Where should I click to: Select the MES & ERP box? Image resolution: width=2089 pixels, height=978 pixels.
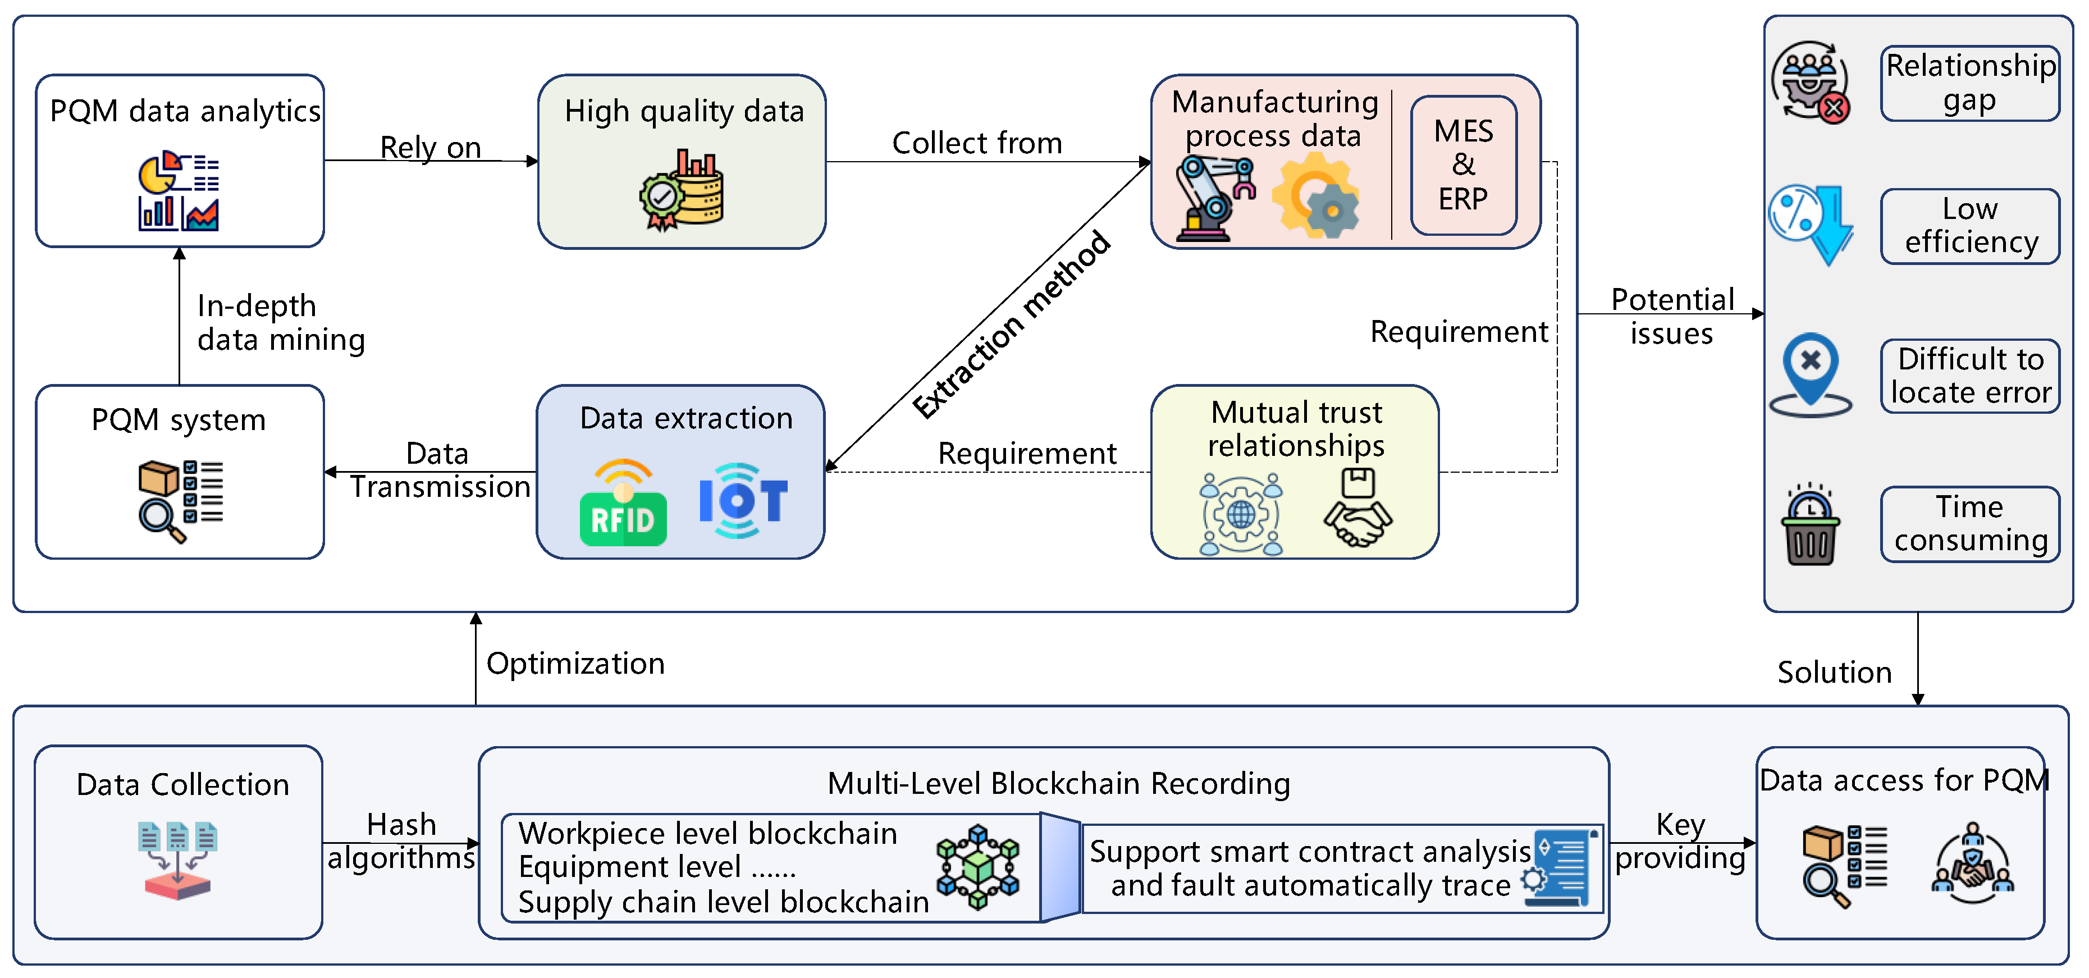(1463, 164)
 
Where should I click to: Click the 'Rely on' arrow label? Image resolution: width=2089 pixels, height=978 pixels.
(431, 148)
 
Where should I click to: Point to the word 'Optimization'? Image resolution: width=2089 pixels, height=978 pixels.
(575, 664)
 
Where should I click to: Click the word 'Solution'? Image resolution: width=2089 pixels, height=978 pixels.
(1834, 672)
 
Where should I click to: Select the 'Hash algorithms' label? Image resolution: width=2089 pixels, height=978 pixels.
(401, 841)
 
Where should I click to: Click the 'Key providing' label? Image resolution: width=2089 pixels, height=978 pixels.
(1680, 841)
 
